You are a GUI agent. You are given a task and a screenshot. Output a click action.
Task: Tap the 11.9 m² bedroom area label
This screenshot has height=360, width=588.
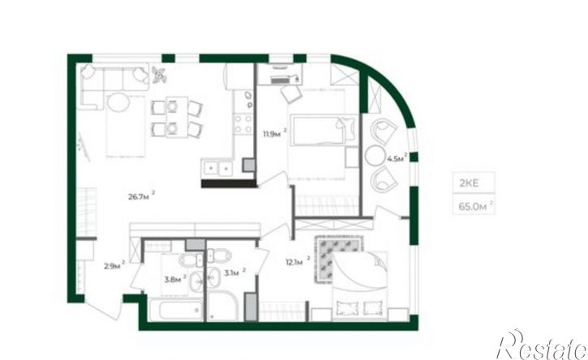click(275, 134)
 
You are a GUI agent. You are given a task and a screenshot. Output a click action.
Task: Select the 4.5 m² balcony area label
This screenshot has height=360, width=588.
click(397, 158)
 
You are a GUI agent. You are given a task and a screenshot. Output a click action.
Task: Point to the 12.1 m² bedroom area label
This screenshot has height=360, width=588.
click(298, 261)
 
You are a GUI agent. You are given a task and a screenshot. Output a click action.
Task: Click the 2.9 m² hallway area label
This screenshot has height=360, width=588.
click(114, 266)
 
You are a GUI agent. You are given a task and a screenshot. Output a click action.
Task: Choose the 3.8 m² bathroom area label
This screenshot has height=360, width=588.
click(175, 279)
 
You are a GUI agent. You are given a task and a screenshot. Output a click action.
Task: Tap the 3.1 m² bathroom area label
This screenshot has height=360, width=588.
click(234, 272)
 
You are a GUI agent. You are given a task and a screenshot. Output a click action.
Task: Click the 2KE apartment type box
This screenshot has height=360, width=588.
click(474, 183)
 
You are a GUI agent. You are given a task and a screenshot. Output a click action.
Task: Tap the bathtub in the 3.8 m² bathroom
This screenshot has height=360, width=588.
click(176, 310)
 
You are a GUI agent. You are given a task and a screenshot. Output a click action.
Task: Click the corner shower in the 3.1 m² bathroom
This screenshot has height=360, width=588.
click(223, 306)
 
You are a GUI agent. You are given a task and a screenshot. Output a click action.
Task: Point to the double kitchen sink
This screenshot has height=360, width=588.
click(217, 169)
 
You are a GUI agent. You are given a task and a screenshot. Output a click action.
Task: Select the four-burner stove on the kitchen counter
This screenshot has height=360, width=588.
click(243, 124)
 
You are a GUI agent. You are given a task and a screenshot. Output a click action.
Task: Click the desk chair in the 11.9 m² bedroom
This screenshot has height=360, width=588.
click(291, 93)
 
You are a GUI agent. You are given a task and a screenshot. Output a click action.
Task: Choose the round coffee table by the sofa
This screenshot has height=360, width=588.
click(119, 103)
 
